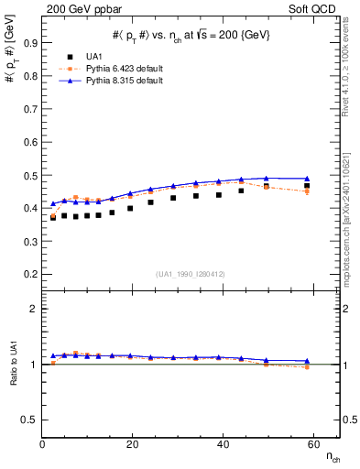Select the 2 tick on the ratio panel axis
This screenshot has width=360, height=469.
pyautogui.click(x=36, y=309)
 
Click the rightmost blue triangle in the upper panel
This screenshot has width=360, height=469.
pyautogui.click(x=307, y=179)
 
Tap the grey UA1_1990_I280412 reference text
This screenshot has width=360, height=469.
pyautogui.click(x=191, y=274)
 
